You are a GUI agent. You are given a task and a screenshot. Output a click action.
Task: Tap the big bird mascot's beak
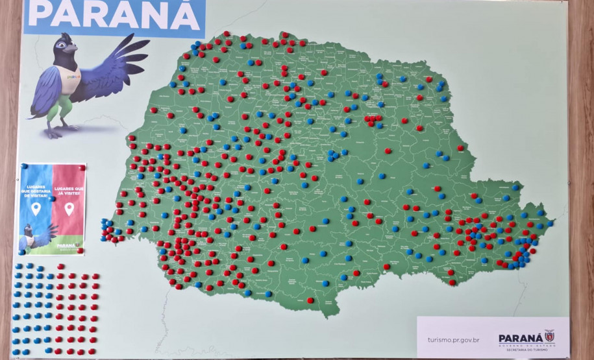tap(73, 49)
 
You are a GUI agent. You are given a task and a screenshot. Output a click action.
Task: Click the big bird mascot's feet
tap(62, 130)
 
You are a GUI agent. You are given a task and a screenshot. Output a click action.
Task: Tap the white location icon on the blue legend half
tap(36, 208)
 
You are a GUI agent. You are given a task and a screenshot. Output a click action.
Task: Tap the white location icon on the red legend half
tap(69, 209)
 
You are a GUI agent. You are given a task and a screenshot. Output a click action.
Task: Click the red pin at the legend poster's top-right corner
tap(82, 168)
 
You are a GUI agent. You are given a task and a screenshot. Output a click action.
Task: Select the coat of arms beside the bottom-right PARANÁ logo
tap(549, 335)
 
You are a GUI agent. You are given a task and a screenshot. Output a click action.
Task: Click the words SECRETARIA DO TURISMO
tap(526, 348)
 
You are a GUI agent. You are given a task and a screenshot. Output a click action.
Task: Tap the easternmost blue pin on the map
tap(550, 222)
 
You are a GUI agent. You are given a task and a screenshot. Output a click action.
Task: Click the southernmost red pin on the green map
tap(310, 300)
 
